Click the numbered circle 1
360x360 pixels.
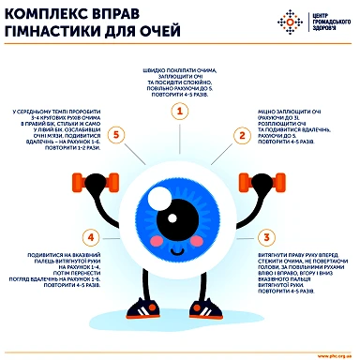click(177, 112)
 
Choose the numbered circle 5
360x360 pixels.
click(116, 135)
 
